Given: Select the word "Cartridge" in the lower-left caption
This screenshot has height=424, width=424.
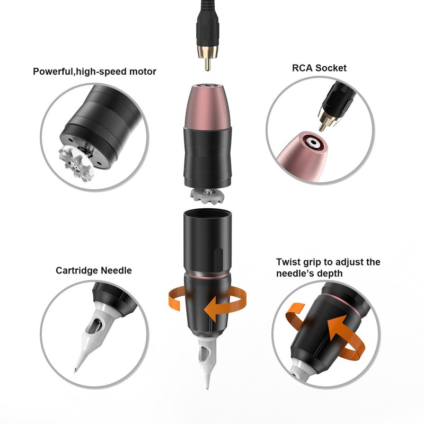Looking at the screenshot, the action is click(x=77, y=271).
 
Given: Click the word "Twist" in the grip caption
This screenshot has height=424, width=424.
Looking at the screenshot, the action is click(x=288, y=262).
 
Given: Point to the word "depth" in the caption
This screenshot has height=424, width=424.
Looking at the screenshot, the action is click(x=330, y=273).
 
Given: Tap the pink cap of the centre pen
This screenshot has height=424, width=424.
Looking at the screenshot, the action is click(x=207, y=108).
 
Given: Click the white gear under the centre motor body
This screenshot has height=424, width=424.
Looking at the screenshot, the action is click(x=208, y=196).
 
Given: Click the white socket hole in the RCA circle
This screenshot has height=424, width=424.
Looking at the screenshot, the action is click(x=313, y=142).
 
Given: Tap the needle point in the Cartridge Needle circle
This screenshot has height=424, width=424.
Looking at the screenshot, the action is click(x=75, y=371).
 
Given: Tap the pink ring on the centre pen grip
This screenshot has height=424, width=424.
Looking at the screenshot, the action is click(x=207, y=276).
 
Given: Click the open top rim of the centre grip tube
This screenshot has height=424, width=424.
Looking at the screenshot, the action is click(x=207, y=213).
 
